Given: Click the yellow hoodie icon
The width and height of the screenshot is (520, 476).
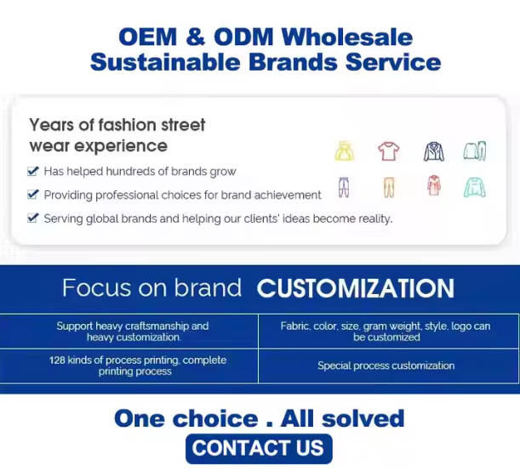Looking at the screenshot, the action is coord(344,151).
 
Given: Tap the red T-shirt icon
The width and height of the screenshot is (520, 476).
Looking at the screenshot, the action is coord(389,151).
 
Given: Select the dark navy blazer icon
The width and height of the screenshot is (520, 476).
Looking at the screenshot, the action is coord(434,151).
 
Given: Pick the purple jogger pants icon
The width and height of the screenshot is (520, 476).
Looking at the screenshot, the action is coord(344,187).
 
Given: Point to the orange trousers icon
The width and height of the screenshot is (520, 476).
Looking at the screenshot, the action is coord(389,187).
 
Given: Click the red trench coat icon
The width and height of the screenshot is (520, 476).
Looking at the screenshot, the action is coord(434,185).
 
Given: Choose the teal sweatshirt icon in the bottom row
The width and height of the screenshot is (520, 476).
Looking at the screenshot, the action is coord(475,187).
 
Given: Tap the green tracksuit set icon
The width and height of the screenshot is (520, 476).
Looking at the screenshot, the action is coord(475,151).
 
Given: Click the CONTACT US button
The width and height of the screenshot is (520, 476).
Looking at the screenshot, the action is coord(259,449).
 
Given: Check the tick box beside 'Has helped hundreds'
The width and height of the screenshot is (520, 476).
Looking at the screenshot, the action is coord(33,171).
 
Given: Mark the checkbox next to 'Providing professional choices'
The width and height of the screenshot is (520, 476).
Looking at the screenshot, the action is coord(33,194).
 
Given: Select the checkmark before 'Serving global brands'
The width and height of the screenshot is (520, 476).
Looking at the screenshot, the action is coord(33,218).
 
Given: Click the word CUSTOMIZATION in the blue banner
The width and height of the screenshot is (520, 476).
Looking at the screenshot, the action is coord(356,288).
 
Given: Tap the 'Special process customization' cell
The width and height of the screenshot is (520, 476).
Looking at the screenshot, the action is coord(386,365).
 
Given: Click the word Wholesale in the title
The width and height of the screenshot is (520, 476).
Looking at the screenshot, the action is coord(347,37).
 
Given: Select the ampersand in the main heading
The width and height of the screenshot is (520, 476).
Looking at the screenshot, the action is coord(196,37).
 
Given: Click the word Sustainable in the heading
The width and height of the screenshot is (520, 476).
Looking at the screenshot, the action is coord(165,62).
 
